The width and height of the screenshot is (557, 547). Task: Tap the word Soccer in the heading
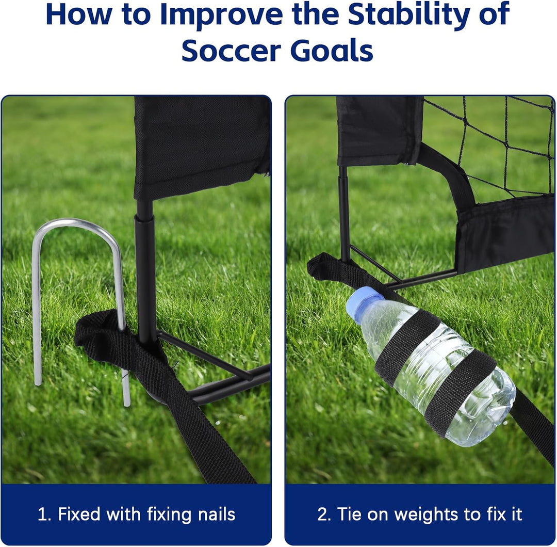231,51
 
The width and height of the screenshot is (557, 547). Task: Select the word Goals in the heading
332,51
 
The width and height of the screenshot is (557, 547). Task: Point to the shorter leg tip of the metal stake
37,382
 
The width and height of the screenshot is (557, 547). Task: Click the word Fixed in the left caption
79,514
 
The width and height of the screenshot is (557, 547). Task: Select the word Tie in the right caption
350,514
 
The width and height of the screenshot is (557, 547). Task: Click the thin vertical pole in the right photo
343,213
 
